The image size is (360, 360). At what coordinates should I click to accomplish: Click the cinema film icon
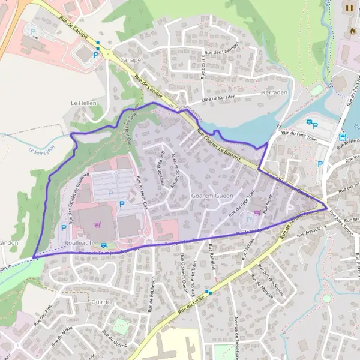[349, 9]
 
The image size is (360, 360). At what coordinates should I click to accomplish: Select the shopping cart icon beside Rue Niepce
[258, 211]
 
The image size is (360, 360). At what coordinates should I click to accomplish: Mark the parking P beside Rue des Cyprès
[64, 228]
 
